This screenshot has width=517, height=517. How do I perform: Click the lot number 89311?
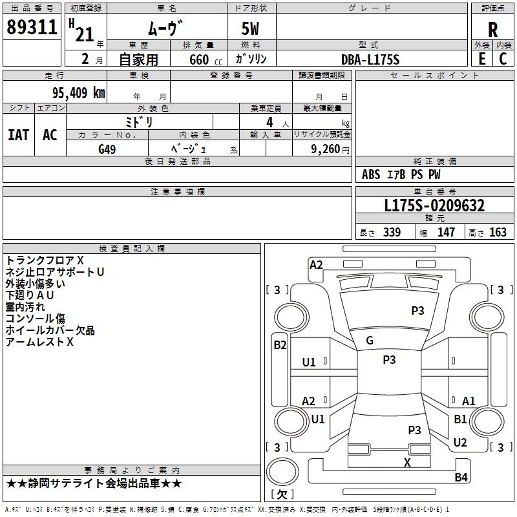(x=32, y=28)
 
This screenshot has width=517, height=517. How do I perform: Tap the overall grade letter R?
(x=492, y=29)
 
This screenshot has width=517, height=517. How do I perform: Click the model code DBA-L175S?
(x=370, y=59)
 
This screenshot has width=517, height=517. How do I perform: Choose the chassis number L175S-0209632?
(x=434, y=206)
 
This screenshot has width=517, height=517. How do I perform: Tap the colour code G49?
(x=107, y=149)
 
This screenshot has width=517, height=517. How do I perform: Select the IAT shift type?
(x=18, y=134)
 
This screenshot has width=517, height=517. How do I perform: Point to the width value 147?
(x=446, y=233)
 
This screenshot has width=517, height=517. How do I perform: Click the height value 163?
(x=498, y=233)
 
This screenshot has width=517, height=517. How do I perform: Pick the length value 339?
(x=392, y=233)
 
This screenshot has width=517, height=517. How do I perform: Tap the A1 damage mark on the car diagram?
(x=469, y=401)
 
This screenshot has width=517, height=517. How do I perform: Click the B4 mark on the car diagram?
(x=461, y=478)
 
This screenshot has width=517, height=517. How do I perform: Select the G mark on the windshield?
(x=370, y=341)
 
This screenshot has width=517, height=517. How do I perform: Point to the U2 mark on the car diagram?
(x=460, y=443)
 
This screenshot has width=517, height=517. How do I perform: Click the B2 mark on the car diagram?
(x=280, y=345)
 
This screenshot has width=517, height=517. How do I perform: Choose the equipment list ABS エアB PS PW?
(x=401, y=174)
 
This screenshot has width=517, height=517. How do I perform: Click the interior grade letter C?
(x=503, y=59)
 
